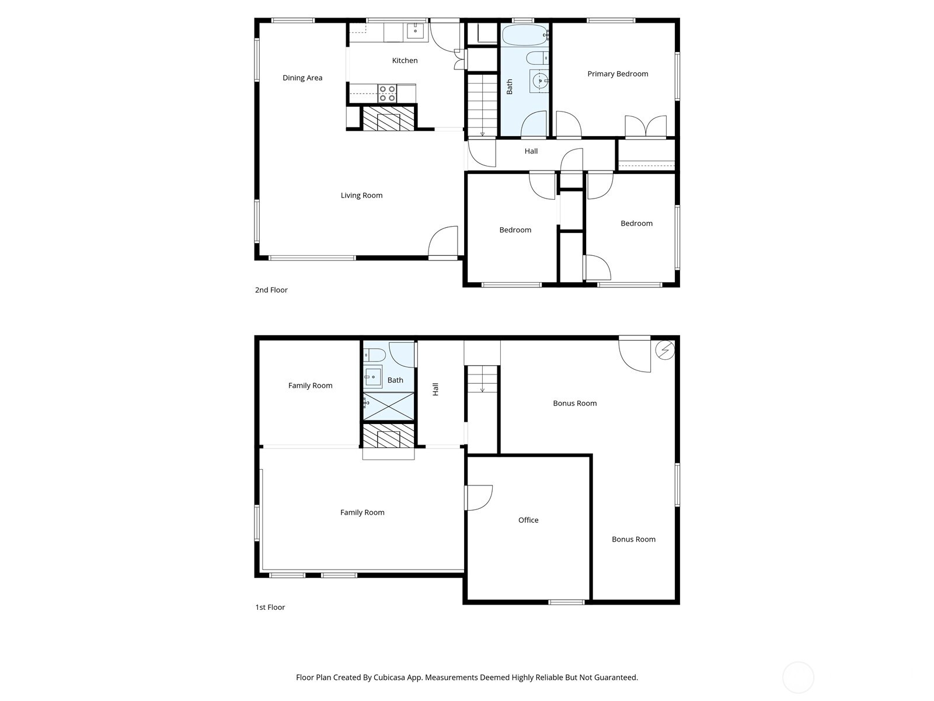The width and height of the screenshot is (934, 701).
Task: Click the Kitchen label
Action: pos(404,60)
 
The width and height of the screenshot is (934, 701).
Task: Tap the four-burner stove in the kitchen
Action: pos(387,93)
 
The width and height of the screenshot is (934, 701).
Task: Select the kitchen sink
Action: pos(415,30)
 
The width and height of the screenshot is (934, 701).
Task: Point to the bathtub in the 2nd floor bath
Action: pos(525,35)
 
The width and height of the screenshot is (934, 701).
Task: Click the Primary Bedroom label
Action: pos(618,74)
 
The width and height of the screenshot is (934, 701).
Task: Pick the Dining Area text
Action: pos(302,78)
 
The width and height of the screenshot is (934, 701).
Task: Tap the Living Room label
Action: pos(361,195)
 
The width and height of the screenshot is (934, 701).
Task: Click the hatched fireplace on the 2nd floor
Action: pos(388,119)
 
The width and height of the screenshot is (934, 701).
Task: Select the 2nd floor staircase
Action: pos(482,106)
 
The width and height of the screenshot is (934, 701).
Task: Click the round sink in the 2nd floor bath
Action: pos(539,81)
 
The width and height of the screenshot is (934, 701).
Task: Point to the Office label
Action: pos(528,520)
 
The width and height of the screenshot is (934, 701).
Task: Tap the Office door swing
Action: pos(480,497)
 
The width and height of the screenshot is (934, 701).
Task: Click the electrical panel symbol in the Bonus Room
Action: pos(665,350)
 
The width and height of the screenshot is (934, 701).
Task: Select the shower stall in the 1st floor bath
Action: pos(388,406)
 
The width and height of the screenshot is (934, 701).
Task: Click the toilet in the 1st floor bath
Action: pos(374,355)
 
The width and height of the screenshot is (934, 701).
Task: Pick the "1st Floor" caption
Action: pos(270,608)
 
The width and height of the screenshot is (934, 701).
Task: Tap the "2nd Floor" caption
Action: pos(271,290)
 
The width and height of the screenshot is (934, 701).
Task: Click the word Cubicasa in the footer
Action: pos(389,677)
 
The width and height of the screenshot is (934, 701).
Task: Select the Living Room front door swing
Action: pos(443,242)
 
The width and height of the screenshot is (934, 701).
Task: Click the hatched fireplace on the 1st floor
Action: pos(388,436)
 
